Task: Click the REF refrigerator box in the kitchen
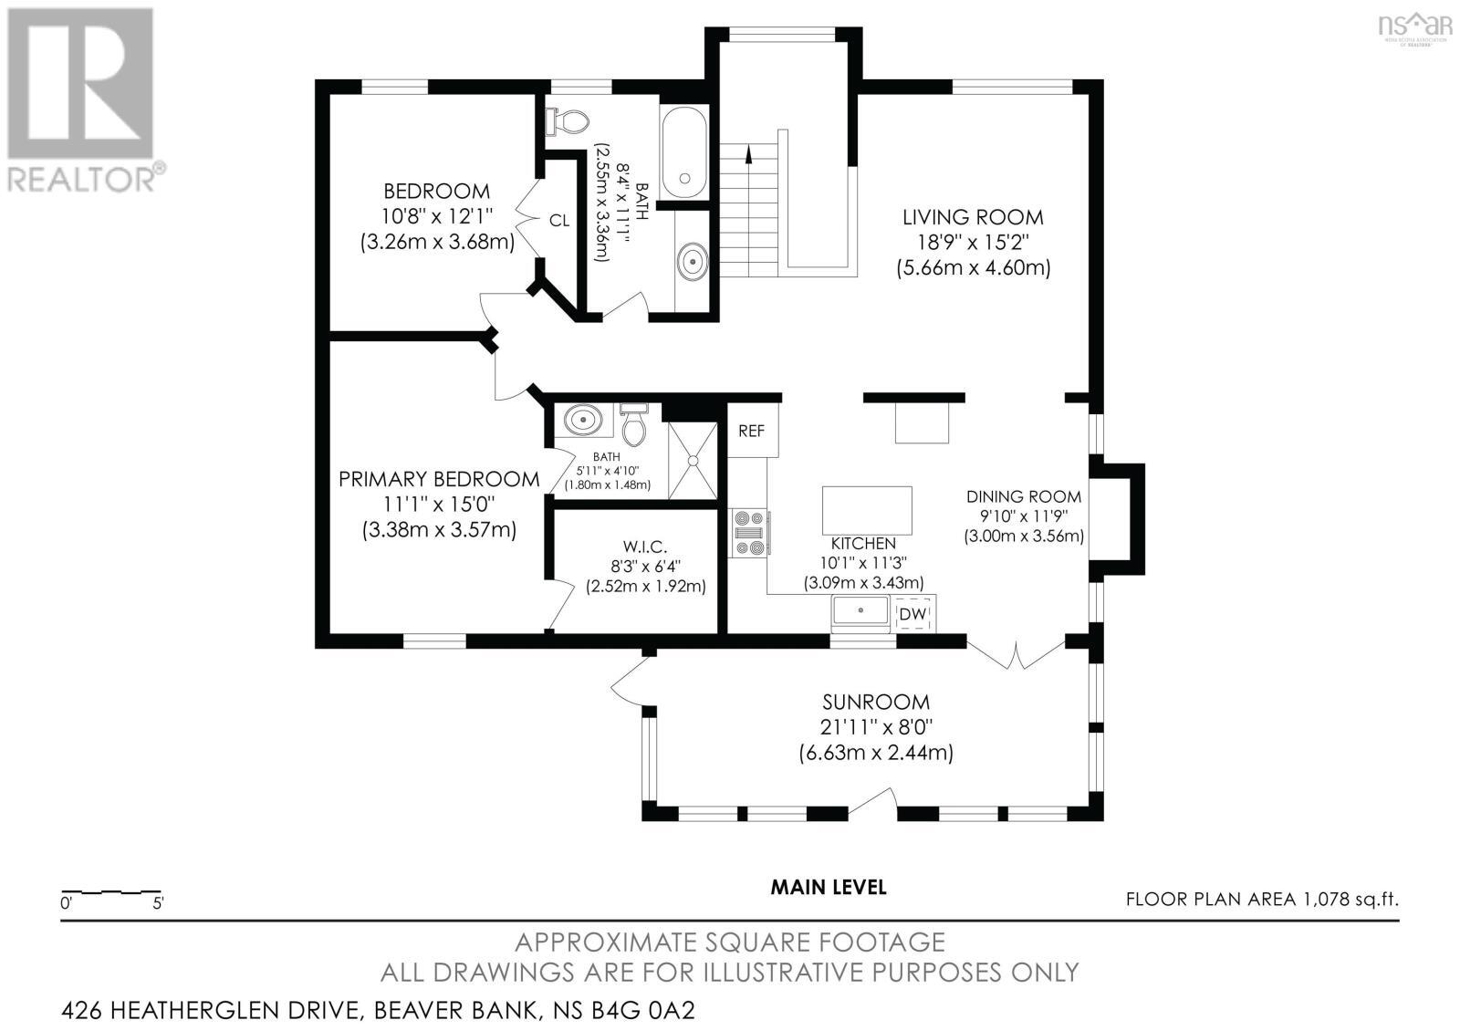pyautogui.click(x=752, y=431)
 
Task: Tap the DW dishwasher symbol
pyautogui.click(x=912, y=615)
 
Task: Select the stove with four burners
pyautogui.click(x=750, y=533)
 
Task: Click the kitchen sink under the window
pyautogui.click(x=860, y=612)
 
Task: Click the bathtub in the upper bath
pyautogui.click(x=683, y=152)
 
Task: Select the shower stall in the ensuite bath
pyautogui.click(x=693, y=461)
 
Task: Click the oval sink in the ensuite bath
pyautogui.click(x=583, y=422)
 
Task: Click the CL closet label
pyautogui.click(x=558, y=221)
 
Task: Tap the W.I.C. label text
pyautogui.click(x=645, y=547)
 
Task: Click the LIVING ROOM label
pyautogui.click(x=973, y=217)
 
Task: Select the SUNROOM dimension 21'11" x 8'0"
pyautogui.click(x=876, y=727)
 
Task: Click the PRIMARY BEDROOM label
pyautogui.click(x=439, y=479)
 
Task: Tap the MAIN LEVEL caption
pyautogui.click(x=828, y=887)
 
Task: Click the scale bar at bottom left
pyautogui.click(x=110, y=891)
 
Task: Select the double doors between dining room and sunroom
pyautogui.click(x=1016, y=654)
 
